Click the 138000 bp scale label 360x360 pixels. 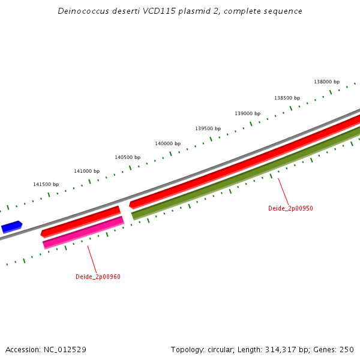click(326, 82)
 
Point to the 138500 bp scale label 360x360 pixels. click(287, 98)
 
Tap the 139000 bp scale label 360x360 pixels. click(247, 113)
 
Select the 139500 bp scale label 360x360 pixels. click(208, 128)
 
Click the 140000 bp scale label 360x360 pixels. click(167, 143)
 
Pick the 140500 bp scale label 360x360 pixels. click(127, 157)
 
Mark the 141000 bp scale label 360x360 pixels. click(86, 171)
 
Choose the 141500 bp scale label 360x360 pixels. click(46, 184)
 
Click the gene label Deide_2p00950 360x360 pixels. click(290, 209)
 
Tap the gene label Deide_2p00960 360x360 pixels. click(98, 277)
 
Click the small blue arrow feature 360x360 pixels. click(11, 227)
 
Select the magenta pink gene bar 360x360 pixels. click(83, 233)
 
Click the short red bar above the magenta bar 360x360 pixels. click(80, 220)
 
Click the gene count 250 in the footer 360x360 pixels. click(347, 349)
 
